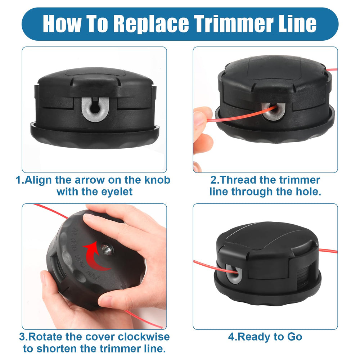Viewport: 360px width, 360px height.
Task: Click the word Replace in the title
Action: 151,24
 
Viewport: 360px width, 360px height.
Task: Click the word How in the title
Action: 62,23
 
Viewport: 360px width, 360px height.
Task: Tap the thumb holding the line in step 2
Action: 202,117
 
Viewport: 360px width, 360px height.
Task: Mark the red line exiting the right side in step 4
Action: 328,251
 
